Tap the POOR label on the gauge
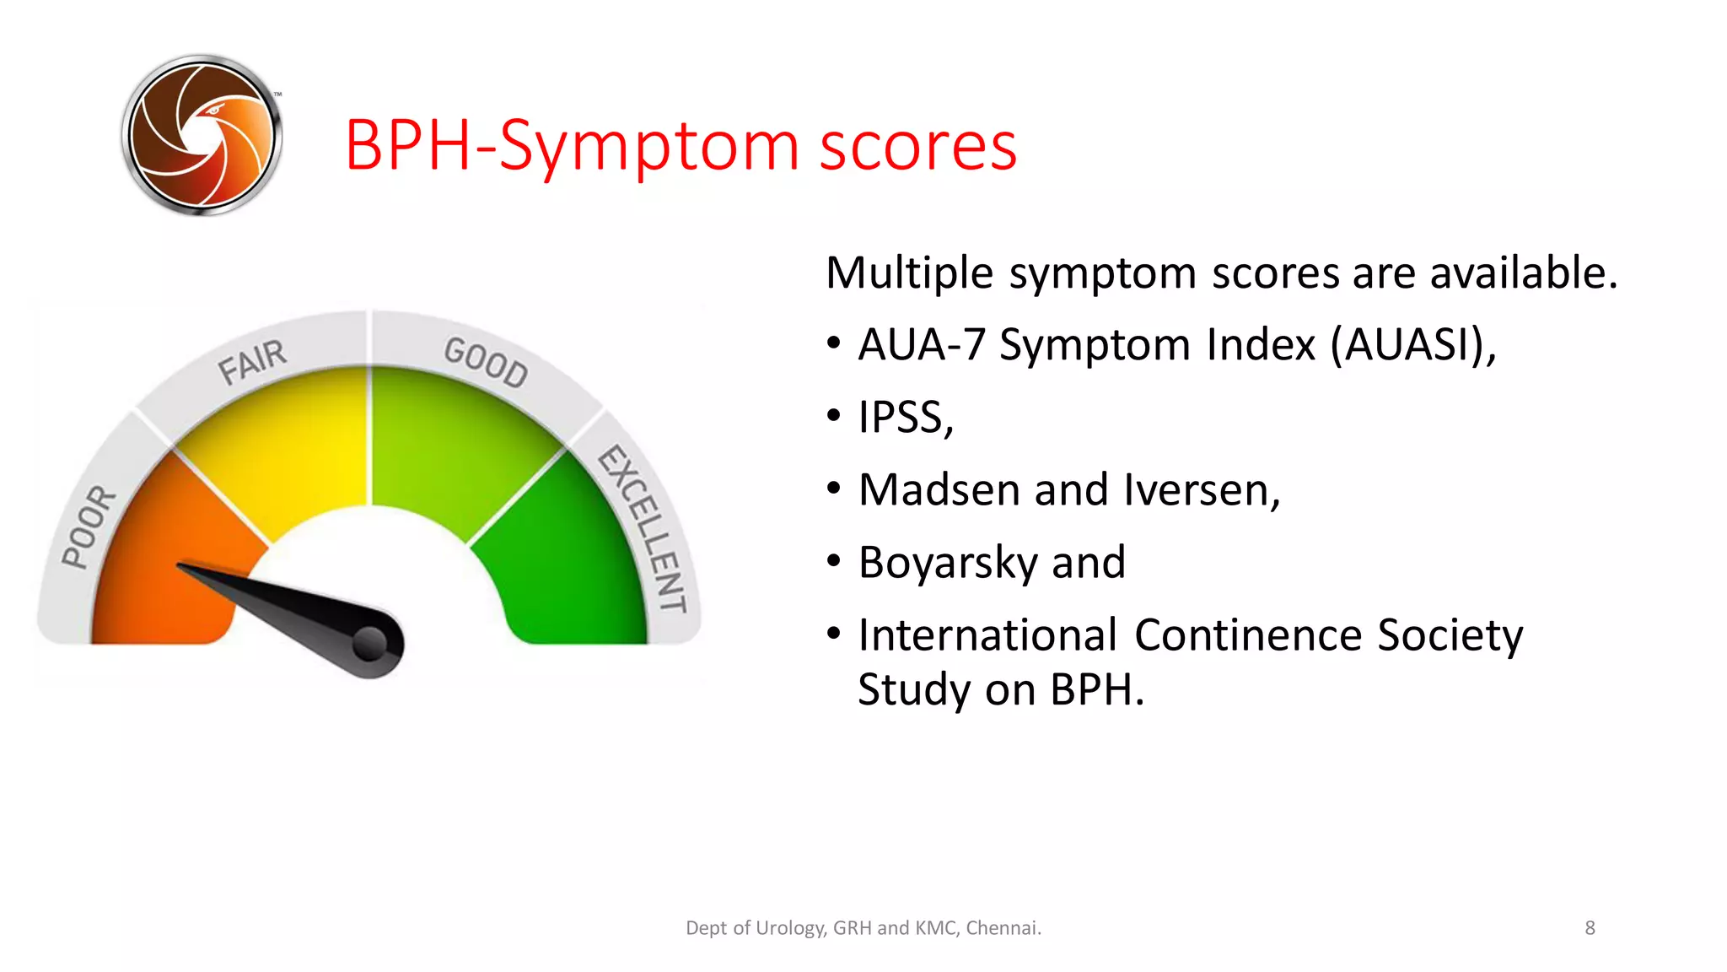coord(89,526)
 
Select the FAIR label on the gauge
coord(252,362)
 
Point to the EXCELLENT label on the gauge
coord(643,527)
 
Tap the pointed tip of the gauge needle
coord(181,566)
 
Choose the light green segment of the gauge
coord(447,439)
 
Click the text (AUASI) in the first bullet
coord(1412,345)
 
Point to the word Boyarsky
coord(948,563)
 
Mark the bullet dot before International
coord(834,634)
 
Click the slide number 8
coord(1590,928)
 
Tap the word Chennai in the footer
coord(1003,928)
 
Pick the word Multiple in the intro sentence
coord(909,273)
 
